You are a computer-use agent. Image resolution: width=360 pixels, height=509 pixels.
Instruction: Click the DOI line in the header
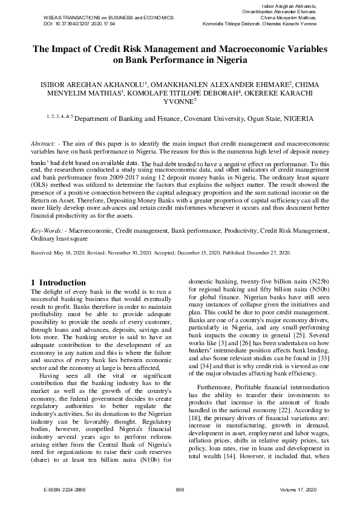click(x=79, y=24)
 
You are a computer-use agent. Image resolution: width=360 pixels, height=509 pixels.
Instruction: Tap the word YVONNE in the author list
click(x=178, y=102)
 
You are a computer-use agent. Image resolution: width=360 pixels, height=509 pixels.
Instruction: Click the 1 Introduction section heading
click(x=58, y=282)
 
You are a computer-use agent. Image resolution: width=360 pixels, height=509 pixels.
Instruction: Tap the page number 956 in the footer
click(x=180, y=488)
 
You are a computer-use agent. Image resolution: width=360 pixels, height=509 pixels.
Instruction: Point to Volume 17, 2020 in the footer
click(x=299, y=488)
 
